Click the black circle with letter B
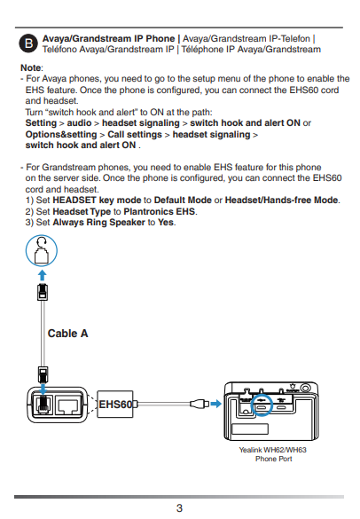pos(28,43)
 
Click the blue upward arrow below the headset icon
pos(42,275)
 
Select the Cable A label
pos(67,334)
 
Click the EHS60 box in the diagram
pos(115,405)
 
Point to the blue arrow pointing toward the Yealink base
pos(215,404)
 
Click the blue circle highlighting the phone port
pos(262,405)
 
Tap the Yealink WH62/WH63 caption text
pos(273,454)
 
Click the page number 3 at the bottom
pos(179,508)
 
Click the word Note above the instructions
pos(31,67)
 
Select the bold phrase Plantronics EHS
pos(159,211)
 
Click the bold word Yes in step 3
pos(166,222)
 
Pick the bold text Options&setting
pos(61,134)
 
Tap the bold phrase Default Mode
pos(183,201)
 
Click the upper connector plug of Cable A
pos(43,292)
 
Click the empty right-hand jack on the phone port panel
pos(69,405)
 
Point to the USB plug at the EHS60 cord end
pos(200,404)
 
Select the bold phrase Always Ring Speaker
pos(98,223)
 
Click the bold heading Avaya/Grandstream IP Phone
pos(108,39)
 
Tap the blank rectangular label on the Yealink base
pos(250,429)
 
